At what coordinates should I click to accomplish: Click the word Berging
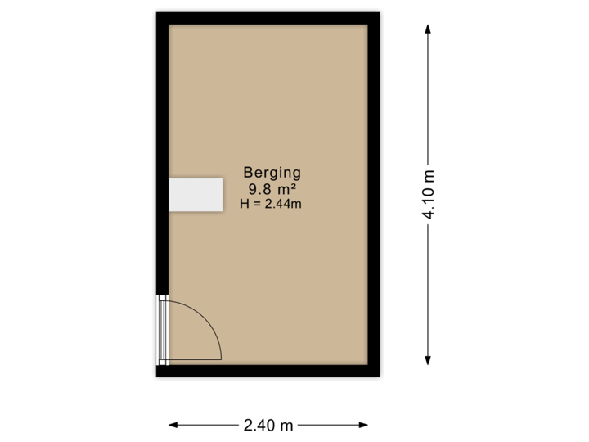click(x=272, y=173)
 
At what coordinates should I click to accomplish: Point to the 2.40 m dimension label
click(x=268, y=425)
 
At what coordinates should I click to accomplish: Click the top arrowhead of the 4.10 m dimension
click(x=428, y=28)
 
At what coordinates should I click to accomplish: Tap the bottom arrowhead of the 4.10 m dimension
click(x=428, y=360)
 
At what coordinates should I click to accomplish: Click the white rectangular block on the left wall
click(x=196, y=195)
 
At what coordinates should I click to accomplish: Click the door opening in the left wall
click(x=161, y=330)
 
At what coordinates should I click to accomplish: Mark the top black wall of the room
click(x=268, y=16)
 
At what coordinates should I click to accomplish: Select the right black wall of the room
click(x=375, y=194)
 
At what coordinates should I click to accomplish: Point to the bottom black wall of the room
click(x=268, y=372)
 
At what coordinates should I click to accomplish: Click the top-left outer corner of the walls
click(x=155, y=10)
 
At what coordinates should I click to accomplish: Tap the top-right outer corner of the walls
click(x=382, y=10)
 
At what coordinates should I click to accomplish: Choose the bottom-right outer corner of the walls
click(x=382, y=378)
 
